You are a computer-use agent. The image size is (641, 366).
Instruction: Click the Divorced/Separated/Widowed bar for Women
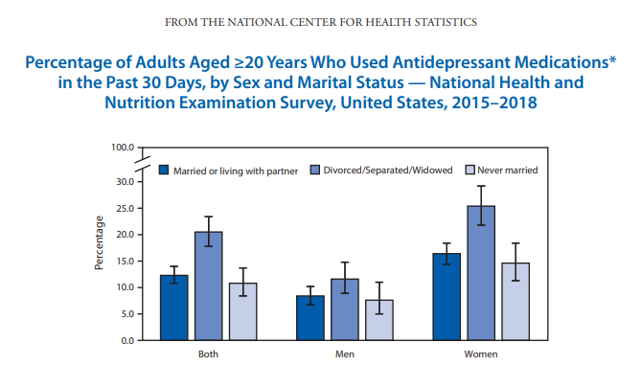[x=481, y=273]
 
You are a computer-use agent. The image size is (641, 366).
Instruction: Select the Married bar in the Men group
[x=310, y=318]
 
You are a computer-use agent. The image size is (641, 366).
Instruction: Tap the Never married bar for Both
[x=242, y=311]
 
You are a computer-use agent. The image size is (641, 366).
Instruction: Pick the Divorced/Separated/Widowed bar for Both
[x=209, y=286]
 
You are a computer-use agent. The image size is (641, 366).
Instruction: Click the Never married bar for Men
[x=379, y=320]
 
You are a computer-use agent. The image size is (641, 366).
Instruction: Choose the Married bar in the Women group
[x=446, y=297]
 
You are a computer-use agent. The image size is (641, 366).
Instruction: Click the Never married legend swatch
[x=470, y=170]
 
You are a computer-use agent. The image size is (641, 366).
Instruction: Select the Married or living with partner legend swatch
[x=164, y=170]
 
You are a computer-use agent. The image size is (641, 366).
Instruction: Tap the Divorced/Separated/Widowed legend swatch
[x=315, y=170]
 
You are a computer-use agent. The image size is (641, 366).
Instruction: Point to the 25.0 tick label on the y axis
[x=126, y=209]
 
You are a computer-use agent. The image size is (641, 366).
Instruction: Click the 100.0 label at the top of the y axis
[x=123, y=148]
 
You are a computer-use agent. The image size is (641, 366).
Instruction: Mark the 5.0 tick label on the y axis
[x=127, y=314]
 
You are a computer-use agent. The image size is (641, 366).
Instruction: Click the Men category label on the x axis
[x=345, y=355]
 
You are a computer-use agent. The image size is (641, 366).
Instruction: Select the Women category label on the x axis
[x=481, y=355]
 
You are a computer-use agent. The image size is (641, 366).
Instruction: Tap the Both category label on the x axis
[x=208, y=355]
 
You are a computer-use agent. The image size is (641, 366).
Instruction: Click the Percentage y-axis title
[x=99, y=243]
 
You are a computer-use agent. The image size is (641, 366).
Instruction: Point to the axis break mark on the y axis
[x=143, y=164]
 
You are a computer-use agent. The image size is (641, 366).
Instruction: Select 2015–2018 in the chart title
[x=494, y=103]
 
